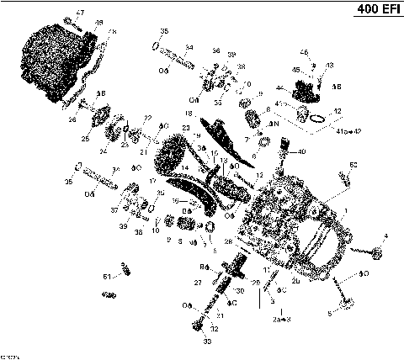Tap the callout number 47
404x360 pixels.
[81, 12]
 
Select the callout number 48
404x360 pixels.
[99, 23]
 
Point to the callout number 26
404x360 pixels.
[72, 120]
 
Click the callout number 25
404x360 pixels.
[85, 138]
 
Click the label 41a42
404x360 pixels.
[348, 132]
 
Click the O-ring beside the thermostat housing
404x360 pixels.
[316, 119]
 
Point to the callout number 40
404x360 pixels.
[302, 151]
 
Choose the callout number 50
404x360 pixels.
[353, 164]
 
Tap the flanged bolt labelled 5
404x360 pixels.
[344, 298]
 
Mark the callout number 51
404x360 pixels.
[106, 276]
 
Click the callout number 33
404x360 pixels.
[204, 342]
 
